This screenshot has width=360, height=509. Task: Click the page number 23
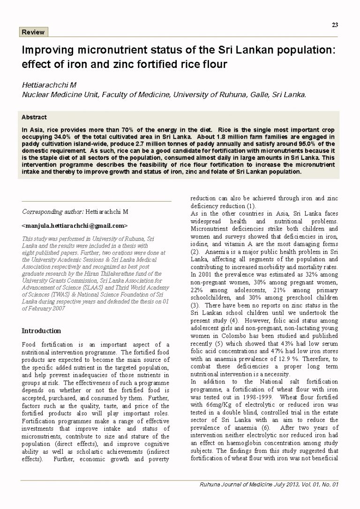pos(335,25)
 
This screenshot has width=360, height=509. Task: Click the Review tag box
pos(33,32)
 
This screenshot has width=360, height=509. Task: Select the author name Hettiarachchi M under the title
pos(49,85)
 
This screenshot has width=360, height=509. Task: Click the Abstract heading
pos(34,117)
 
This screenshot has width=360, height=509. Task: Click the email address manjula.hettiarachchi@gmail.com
pos(75,225)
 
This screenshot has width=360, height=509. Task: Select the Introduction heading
pos(41,330)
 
